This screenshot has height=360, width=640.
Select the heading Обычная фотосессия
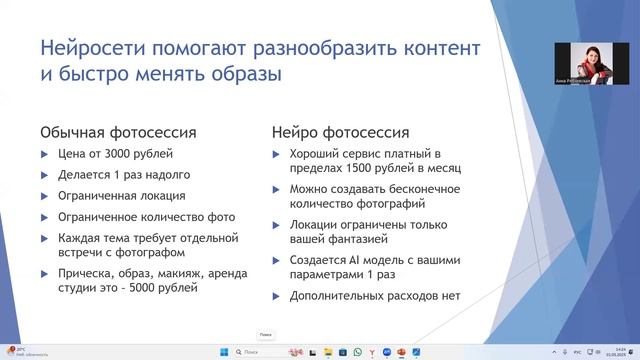tap(117, 132)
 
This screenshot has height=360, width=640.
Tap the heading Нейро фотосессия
tap(341, 132)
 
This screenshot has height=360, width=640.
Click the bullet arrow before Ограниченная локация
tap(43, 196)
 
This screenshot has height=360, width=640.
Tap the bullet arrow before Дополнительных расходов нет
tap(277, 296)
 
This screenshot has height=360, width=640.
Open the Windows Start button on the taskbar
tap(223, 351)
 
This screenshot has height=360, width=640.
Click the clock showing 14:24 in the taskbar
tap(621, 351)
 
